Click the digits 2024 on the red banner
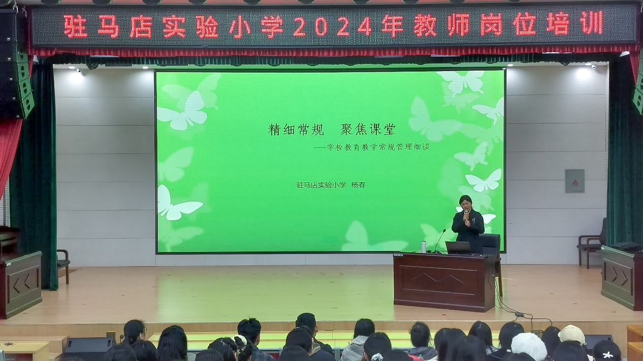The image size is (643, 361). (333, 26)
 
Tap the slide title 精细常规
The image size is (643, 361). (296, 129)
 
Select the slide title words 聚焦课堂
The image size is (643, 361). (368, 129)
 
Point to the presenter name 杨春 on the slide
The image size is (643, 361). (359, 185)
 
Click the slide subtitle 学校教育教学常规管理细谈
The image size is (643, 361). (378, 147)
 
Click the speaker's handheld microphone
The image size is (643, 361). (467, 214)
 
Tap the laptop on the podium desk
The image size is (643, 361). (459, 248)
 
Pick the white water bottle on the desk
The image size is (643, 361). (424, 247)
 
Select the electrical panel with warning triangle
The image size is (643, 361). (574, 181)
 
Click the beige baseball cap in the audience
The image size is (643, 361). (572, 334)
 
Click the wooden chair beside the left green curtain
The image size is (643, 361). (63, 266)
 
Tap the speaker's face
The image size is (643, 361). (465, 204)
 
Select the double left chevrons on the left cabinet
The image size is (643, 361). (21, 282)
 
